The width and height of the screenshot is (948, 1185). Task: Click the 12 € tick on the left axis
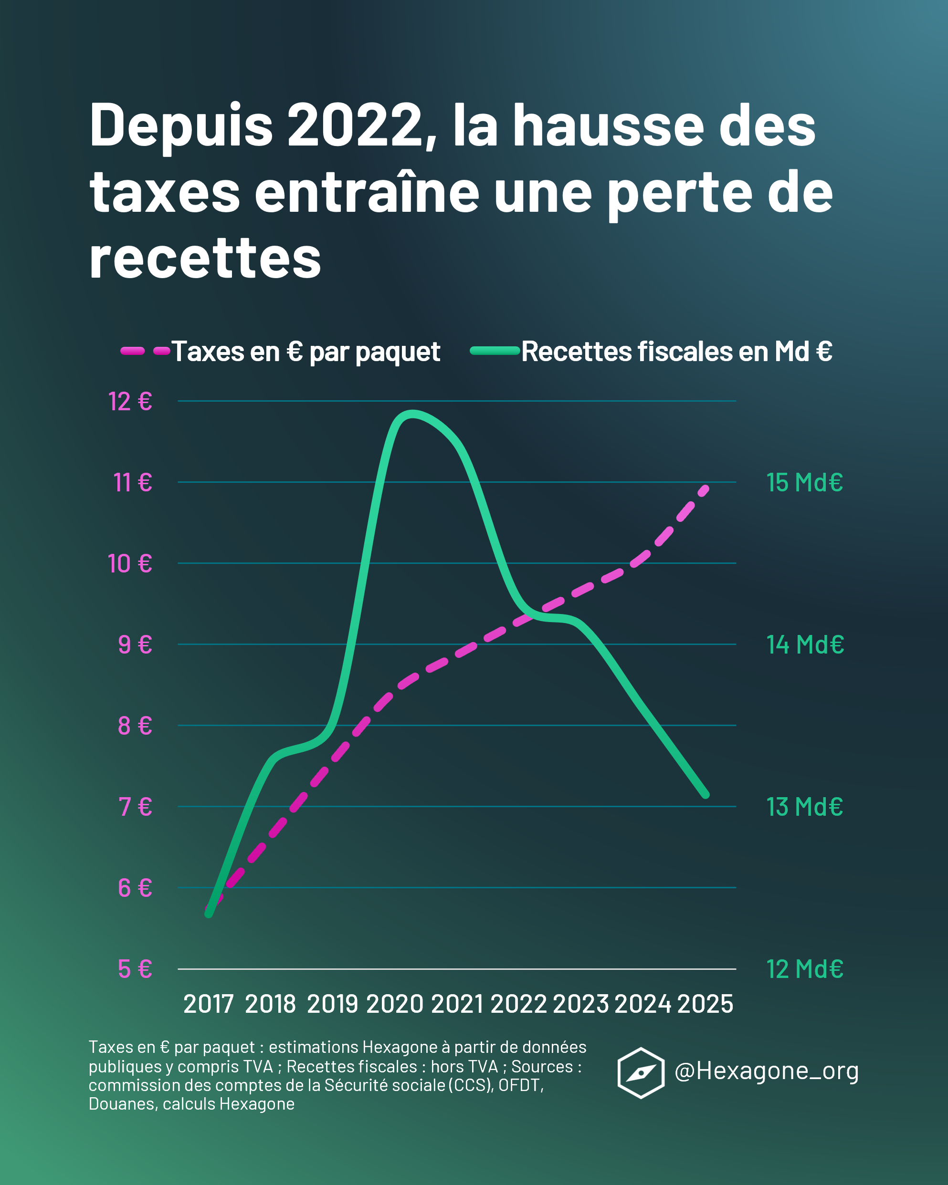point(130,401)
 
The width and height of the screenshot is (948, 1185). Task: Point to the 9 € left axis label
point(135,644)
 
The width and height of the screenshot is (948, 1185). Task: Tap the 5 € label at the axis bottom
point(135,969)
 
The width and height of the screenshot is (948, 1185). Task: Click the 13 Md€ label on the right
point(804,807)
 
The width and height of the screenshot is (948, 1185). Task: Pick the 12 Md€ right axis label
point(804,969)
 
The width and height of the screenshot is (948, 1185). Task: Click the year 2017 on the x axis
point(209,1004)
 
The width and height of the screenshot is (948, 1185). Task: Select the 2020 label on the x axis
point(395,1004)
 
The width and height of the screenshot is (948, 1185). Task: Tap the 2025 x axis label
point(706,1004)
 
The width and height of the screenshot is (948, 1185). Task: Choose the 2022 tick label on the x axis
point(518,1004)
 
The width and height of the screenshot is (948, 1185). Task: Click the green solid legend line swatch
point(495,351)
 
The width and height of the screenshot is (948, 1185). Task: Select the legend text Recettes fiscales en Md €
point(676,352)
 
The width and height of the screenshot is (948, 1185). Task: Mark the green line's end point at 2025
point(706,795)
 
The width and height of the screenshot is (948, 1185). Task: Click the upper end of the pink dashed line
point(706,488)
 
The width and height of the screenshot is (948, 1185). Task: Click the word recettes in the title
point(205,259)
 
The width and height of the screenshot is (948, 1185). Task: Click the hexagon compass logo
point(641,1073)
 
